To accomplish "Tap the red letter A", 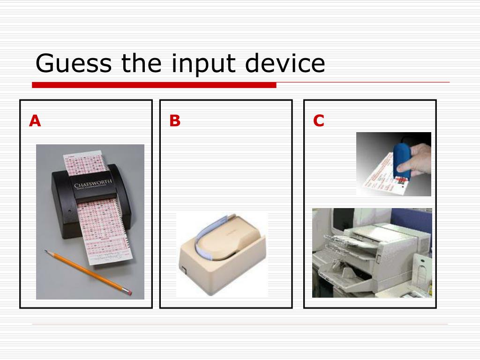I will (35, 121).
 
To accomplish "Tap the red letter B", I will (175, 121).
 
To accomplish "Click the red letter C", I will (319, 121).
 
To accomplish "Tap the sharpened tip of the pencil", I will (46, 251).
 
